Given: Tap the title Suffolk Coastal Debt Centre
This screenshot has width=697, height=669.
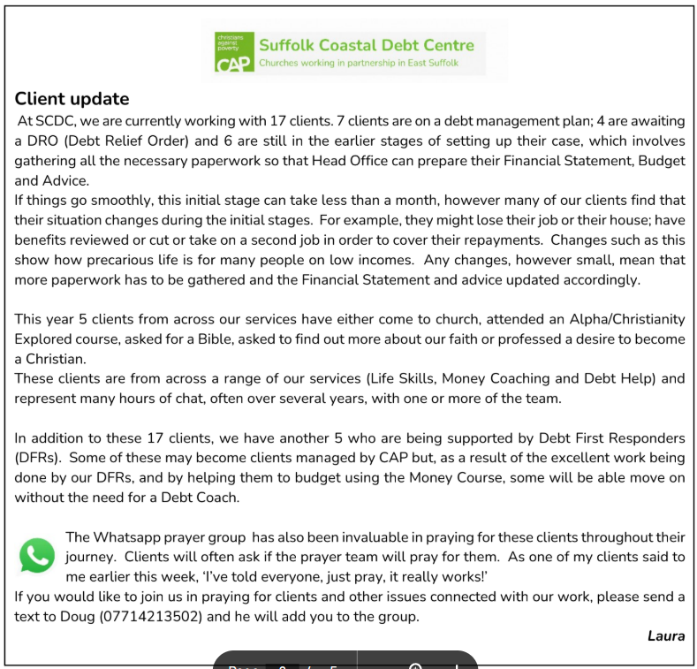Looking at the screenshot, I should (366, 45).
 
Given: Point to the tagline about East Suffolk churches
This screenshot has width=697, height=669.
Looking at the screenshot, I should (366, 64).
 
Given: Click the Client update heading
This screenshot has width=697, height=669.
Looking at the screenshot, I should (72, 99).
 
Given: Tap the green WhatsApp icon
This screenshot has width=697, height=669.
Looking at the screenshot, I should (37, 555).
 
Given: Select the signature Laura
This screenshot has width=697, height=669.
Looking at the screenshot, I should (666, 636).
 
